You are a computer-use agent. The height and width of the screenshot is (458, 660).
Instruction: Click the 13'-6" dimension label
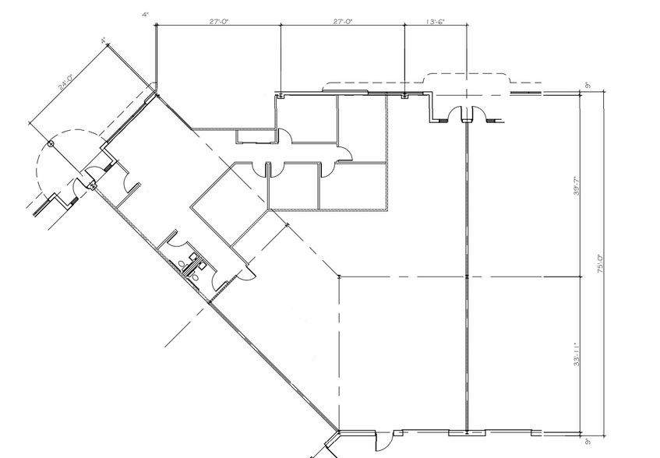click(x=435, y=22)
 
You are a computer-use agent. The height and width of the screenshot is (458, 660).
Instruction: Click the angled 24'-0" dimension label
click(x=65, y=83)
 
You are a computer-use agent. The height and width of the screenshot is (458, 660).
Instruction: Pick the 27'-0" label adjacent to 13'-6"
click(x=342, y=22)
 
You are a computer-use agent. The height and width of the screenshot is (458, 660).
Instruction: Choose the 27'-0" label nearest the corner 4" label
click(x=218, y=22)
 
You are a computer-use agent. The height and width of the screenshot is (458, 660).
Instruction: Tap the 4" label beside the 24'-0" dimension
click(x=102, y=41)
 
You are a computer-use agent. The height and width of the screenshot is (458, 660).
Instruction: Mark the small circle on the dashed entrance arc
click(x=51, y=144)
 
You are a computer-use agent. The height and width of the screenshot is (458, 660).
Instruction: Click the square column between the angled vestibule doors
click(x=93, y=185)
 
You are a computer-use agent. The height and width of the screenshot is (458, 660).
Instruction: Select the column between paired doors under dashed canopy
click(x=465, y=120)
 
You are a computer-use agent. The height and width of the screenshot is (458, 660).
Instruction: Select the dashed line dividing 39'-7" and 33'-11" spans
click(x=460, y=277)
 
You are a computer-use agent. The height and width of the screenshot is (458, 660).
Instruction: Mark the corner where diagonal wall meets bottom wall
click(x=339, y=430)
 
